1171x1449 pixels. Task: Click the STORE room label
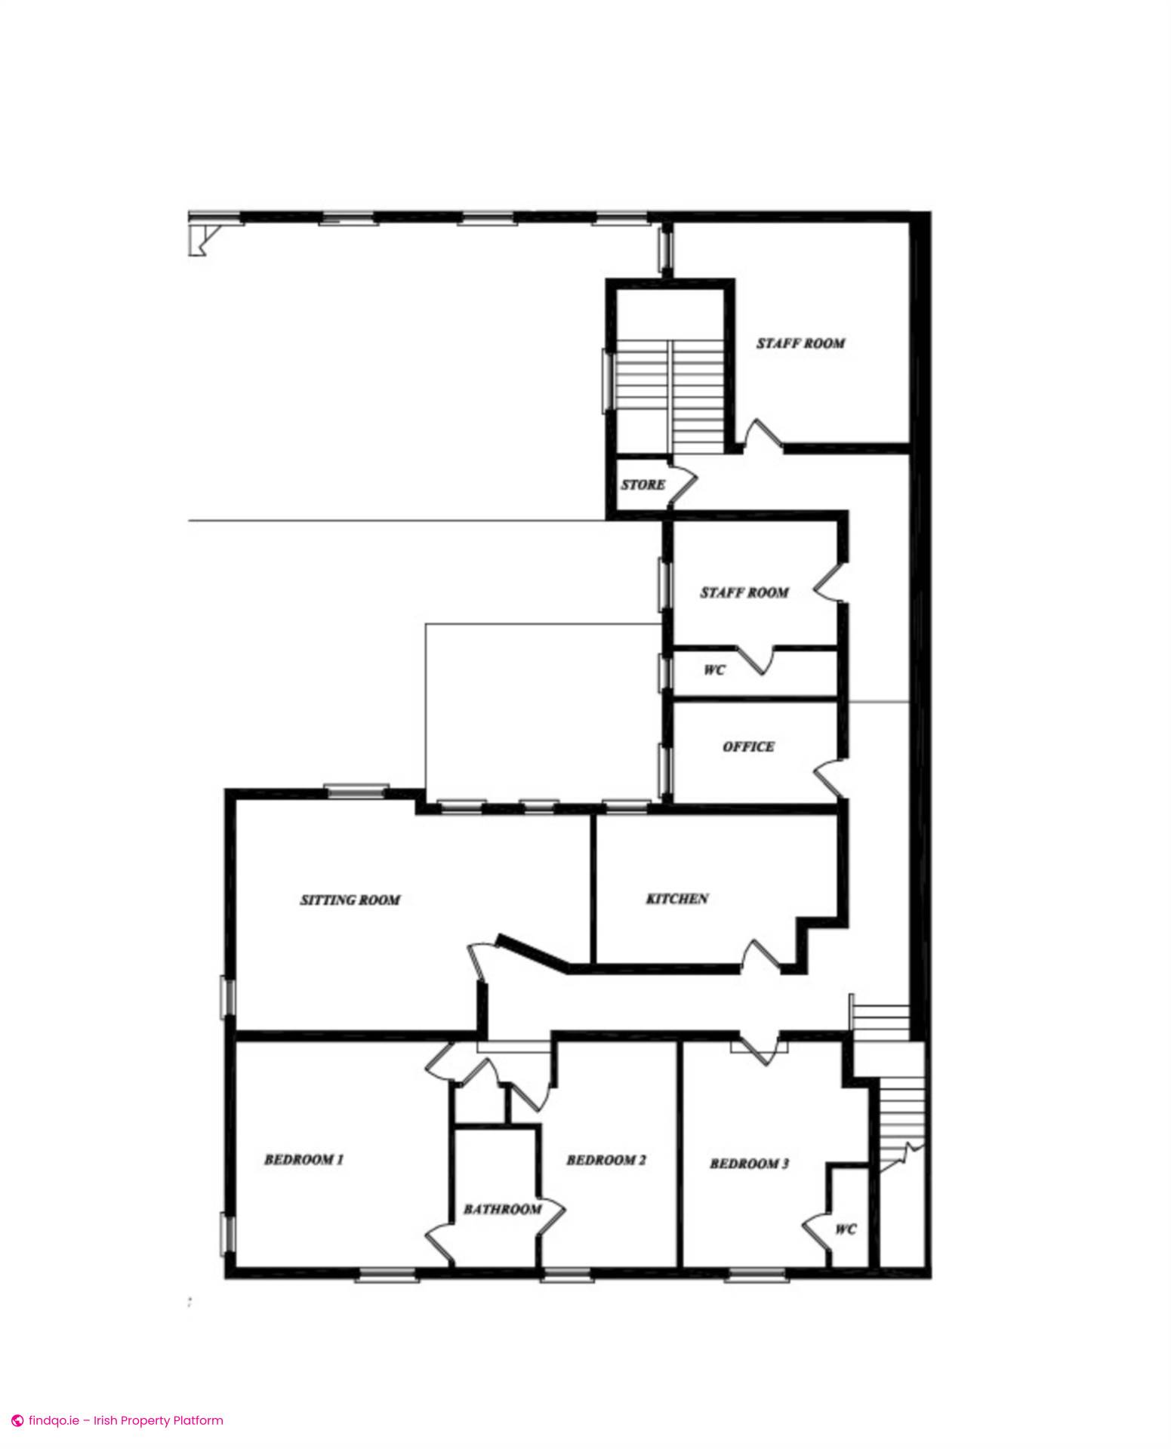coord(643,485)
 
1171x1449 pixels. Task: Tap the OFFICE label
coord(748,746)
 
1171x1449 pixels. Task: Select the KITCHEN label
coord(677,898)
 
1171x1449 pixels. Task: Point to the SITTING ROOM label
coord(350,900)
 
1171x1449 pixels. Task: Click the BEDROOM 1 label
coord(304,1159)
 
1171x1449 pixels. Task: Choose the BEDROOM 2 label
coord(606,1160)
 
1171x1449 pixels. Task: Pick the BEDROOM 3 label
coord(750,1164)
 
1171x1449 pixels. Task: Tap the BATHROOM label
coord(503,1209)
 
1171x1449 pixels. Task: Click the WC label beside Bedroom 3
coord(846,1229)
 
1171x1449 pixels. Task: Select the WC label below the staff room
coord(714,669)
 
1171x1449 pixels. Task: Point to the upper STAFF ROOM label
coord(801,343)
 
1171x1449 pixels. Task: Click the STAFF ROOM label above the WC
coord(744,592)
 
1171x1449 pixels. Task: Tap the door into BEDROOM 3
coord(760,1049)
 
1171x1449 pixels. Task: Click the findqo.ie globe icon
coord(17,1420)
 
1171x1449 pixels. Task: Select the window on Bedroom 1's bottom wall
coord(387,1275)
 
